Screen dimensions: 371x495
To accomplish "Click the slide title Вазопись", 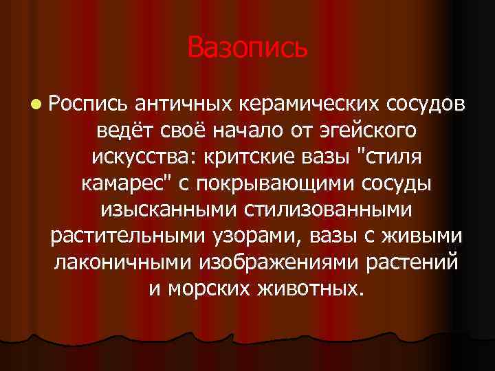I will (247, 47).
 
